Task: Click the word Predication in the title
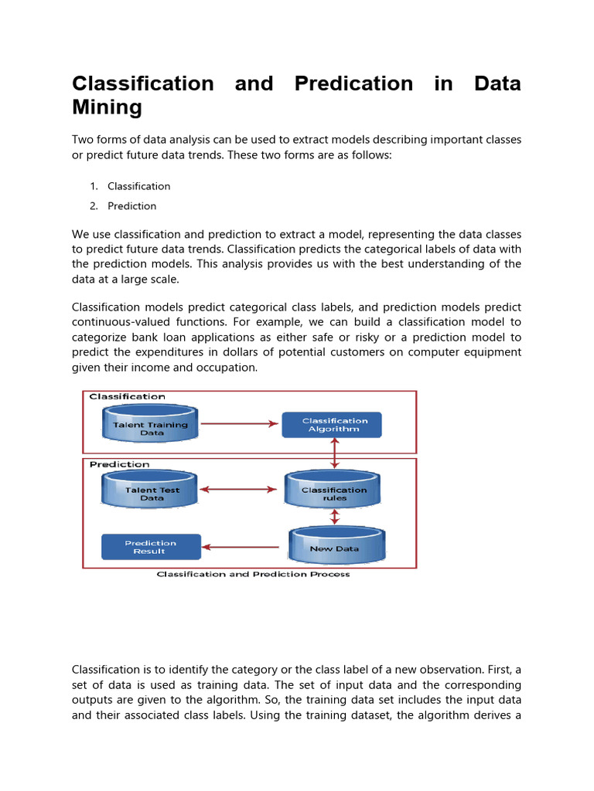(x=353, y=83)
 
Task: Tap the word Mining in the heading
(x=107, y=107)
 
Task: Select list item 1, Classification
(x=138, y=186)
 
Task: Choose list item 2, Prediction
(x=131, y=206)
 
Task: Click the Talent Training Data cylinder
(x=151, y=425)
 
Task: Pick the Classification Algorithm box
(x=331, y=425)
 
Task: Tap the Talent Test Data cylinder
(x=151, y=491)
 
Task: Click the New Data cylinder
(x=335, y=546)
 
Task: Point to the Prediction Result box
(x=151, y=547)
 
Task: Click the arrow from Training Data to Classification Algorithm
(x=239, y=423)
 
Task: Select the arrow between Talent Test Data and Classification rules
(x=239, y=489)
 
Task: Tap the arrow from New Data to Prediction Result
(x=244, y=547)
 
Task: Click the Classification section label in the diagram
(x=127, y=397)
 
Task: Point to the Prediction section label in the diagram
(x=119, y=464)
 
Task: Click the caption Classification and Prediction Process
(x=253, y=574)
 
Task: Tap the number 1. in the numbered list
(x=94, y=186)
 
